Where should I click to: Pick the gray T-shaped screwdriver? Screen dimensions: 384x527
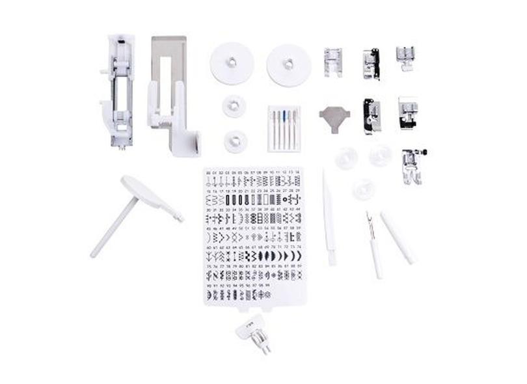[x=334, y=118]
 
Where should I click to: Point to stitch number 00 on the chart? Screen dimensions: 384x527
[x=209, y=174]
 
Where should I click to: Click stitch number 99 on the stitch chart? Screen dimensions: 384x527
[x=266, y=286]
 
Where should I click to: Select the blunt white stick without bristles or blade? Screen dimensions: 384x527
[x=397, y=238]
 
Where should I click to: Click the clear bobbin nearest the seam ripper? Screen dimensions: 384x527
[x=364, y=189]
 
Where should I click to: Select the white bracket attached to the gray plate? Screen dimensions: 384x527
[x=172, y=127]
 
